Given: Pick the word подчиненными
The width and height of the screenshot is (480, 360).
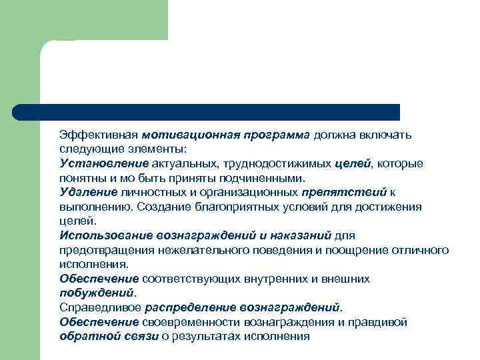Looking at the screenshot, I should click(x=267, y=178).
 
